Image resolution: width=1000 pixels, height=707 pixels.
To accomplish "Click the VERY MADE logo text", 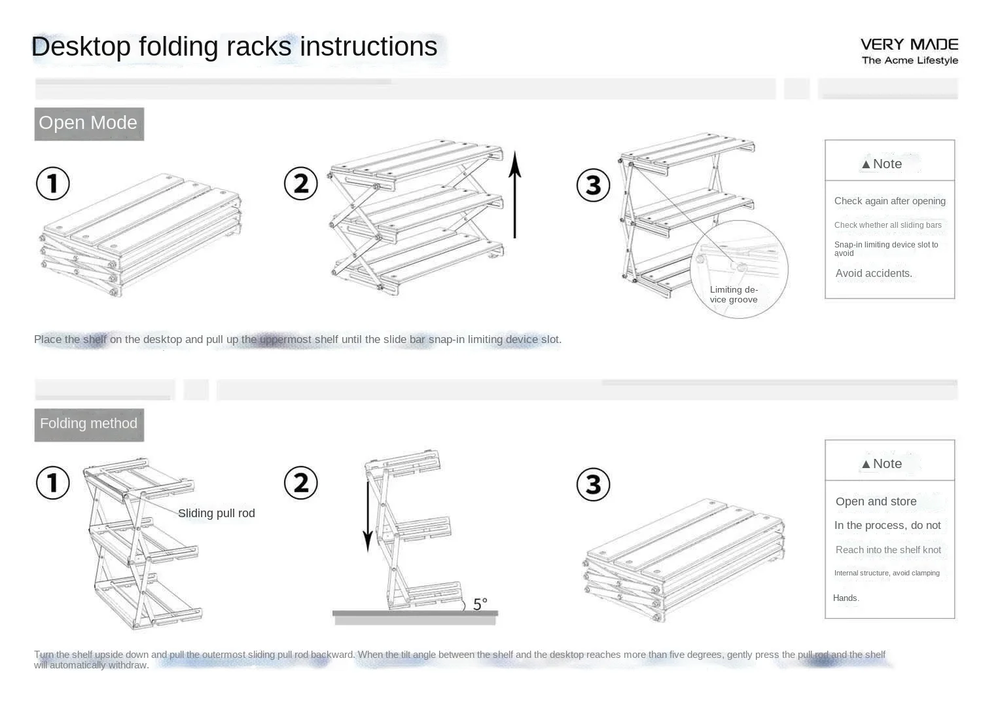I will (x=909, y=45).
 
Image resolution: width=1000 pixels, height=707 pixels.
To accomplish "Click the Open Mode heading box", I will (x=89, y=124).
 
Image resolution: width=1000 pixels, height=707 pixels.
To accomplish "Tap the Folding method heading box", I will (x=89, y=424).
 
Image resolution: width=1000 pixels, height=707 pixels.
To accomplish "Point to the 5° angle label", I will (x=480, y=604).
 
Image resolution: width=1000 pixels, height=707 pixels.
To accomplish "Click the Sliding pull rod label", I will (x=217, y=513).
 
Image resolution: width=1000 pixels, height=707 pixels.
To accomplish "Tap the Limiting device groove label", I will (x=734, y=295).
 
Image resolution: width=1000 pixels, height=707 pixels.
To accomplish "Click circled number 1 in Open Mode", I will (x=53, y=183).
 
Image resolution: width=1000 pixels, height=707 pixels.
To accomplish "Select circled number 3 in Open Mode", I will (x=593, y=185).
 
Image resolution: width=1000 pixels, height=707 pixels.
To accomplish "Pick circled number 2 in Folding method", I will (x=301, y=483).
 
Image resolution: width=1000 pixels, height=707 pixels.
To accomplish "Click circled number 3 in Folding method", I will (x=593, y=484).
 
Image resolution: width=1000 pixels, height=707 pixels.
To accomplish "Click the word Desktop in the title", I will (x=81, y=47).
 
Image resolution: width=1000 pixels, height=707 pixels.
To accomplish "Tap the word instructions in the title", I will (x=368, y=47).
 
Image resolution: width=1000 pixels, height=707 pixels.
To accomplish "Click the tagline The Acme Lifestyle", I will (x=910, y=60).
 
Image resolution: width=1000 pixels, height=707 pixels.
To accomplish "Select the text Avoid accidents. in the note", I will (x=874, y=274).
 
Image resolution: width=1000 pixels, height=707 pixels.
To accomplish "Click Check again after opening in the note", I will (x=889, y=201).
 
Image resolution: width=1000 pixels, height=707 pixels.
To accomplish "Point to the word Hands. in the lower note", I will (x=846, y=598).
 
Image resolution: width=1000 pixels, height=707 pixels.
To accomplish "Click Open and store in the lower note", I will (x=876, y=501).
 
